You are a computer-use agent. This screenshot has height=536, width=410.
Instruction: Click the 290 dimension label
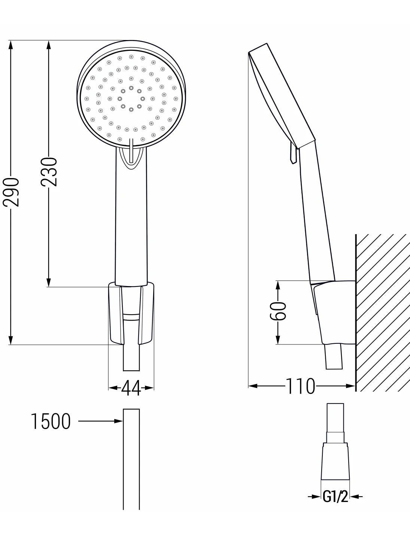point(11,192)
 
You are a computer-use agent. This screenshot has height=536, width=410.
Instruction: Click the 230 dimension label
point(49,172)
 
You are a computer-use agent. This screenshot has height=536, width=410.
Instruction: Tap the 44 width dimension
point(131,388)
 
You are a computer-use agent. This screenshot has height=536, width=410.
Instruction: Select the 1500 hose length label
point(51,421)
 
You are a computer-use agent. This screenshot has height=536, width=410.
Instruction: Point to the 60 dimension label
point(278,310)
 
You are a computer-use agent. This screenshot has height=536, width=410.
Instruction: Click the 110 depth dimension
point(301,386)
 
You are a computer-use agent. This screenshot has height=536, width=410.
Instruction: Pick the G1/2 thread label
point(335,496)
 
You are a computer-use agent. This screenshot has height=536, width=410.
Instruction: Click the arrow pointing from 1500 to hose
point(100,421)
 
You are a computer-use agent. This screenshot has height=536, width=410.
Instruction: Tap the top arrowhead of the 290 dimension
point(10,45)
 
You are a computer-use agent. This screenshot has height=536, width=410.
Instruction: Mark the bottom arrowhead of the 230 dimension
point(49,282)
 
